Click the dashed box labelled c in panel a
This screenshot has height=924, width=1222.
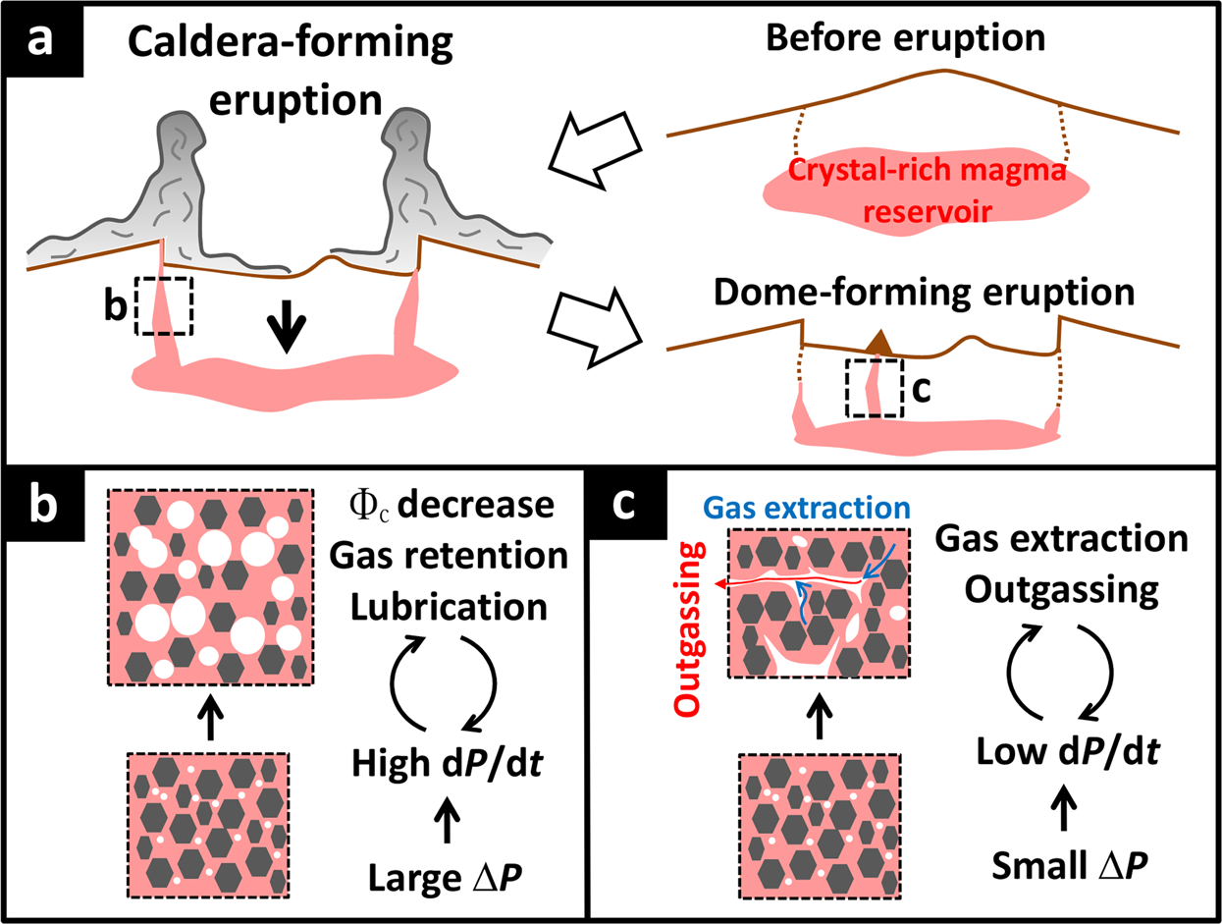pyautogui.click(x=874, y=388)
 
